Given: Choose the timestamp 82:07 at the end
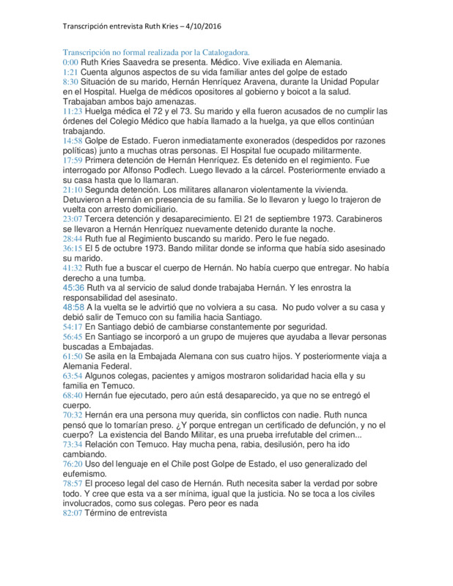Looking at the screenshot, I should (72, 513).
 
